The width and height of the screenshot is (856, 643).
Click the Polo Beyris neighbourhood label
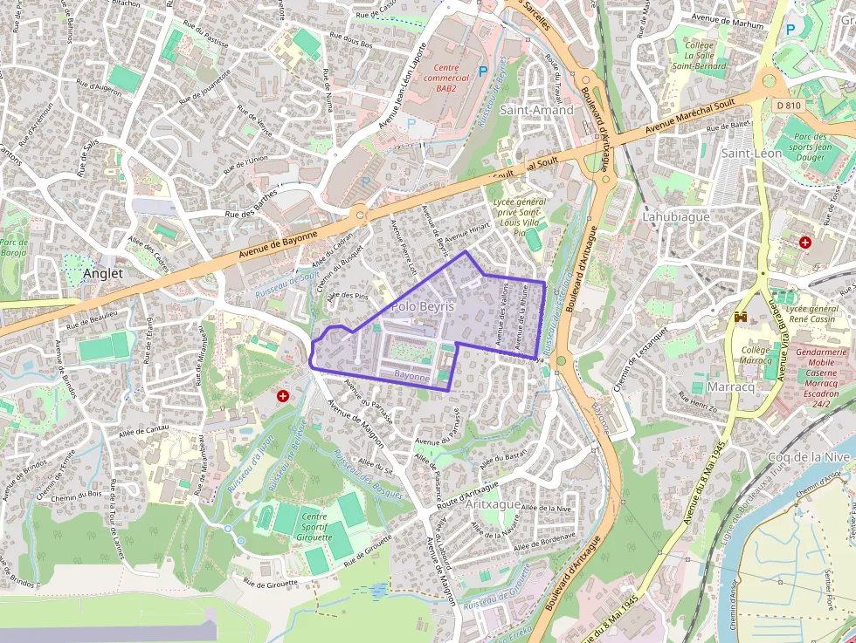click(423, 307)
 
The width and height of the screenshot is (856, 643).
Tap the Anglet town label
click(103, 273)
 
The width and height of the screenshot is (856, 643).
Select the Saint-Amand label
click(536, 110)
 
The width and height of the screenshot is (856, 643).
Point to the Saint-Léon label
click(751, 153)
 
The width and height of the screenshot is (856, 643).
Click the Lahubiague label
click(676, 216)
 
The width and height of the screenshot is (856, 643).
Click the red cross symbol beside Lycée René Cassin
click(804, 242)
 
